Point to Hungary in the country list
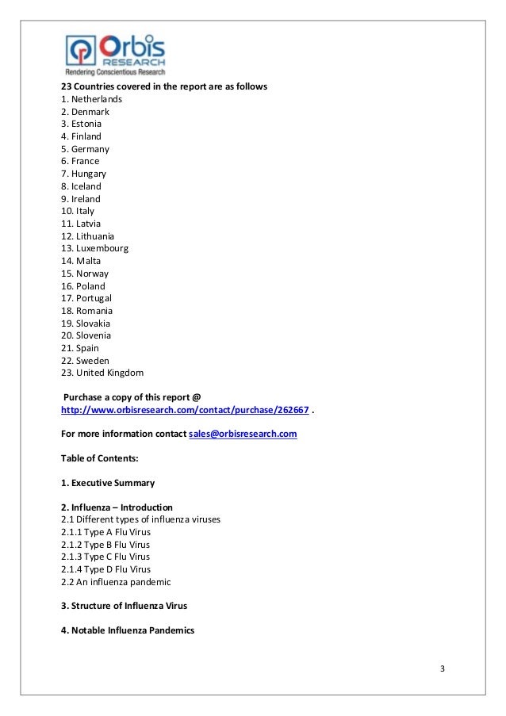pyautogui.click(x=83, y=174)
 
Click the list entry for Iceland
pyautogui.click(x=81, y=186)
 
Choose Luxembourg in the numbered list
pyautogui.click(x=94, y=248)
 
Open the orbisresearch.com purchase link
pyautogui.click(x=185, y=410)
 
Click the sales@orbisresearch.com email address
pyautogui.click(x=243, y=435)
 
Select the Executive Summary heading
pyautogui.click(x=108, y=483)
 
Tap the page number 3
pyautogui.click(x=443, y=668)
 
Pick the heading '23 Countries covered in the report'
pyautogui.click(x=164, y=86)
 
